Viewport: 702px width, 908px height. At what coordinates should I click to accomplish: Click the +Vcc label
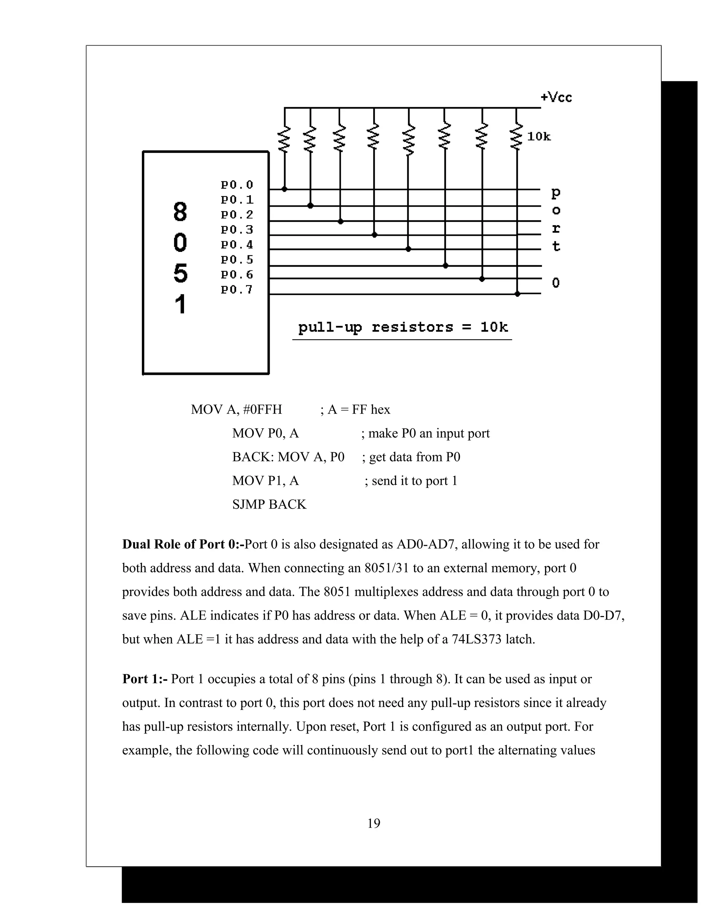click(556, 97)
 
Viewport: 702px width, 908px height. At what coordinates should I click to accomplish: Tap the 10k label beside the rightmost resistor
click(538, 136)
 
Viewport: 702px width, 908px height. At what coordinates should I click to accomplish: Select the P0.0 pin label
click(237, 185)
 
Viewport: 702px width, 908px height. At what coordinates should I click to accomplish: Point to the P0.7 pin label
click(237, 290)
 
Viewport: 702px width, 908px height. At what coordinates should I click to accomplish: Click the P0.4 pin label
click(237, 244)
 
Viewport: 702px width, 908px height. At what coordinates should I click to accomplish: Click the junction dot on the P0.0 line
click(285, 189)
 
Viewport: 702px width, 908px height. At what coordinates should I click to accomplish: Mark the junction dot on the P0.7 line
click(517, 294)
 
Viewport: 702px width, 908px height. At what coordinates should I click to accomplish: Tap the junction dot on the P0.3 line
click(374, 235)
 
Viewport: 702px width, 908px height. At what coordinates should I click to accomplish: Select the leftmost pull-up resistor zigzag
click(285, 139)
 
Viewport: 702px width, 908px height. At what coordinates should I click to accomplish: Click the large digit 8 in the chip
click(180, 212)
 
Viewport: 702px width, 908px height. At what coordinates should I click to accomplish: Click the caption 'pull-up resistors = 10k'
click(402, 327)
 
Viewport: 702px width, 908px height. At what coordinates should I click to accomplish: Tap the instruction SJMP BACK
click(269, 504)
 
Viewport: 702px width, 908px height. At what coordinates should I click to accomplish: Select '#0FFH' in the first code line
click(263, 409)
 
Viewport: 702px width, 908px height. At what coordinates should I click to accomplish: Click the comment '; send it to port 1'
click(410, 481)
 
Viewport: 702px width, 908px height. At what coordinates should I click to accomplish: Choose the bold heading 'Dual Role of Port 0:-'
click(183, 544)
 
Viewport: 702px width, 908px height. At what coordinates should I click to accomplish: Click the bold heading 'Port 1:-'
click(145, 679)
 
